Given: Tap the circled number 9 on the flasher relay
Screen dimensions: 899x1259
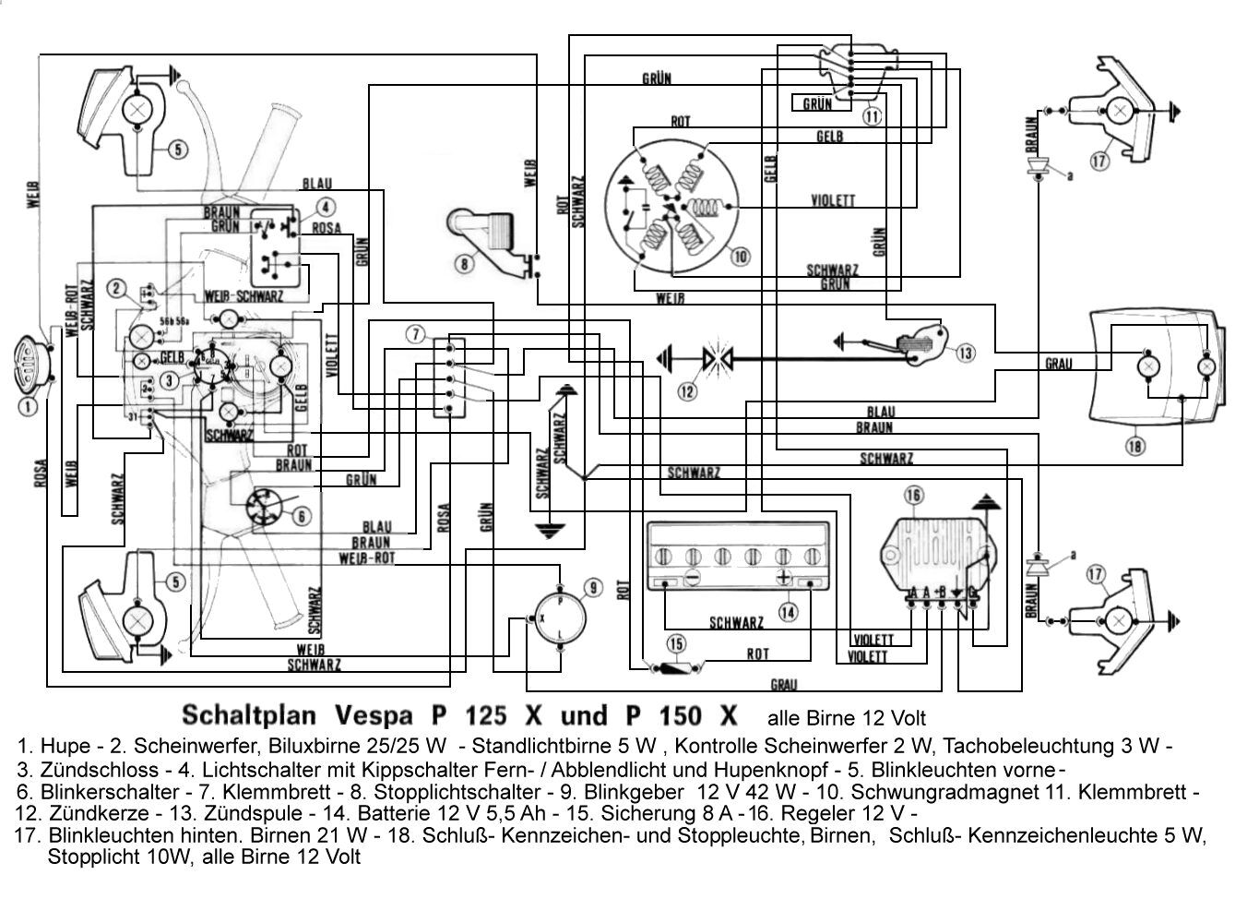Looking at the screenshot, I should [593, 588].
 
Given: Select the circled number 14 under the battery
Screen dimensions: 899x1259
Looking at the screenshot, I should [787, 611].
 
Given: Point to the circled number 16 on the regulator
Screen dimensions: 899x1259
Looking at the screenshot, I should [913, 497].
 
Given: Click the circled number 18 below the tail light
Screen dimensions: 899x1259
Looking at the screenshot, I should [1134, 446].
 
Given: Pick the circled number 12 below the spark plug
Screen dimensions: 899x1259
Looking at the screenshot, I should [687, 390].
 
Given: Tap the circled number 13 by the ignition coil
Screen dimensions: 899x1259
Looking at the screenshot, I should [965, 353].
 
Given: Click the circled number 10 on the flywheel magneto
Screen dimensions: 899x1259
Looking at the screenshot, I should [740, 257].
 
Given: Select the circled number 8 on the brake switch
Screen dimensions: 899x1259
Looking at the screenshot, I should [464, 263].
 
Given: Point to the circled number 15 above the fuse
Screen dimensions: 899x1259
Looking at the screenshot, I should [678, 642].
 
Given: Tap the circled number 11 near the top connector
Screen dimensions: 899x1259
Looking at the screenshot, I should [872, 116].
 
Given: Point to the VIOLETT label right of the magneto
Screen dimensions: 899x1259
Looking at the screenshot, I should [832, 200].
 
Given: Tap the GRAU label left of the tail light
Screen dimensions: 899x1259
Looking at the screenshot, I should [1058, 365].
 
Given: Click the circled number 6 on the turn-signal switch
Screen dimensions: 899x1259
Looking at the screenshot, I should [303, 517].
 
